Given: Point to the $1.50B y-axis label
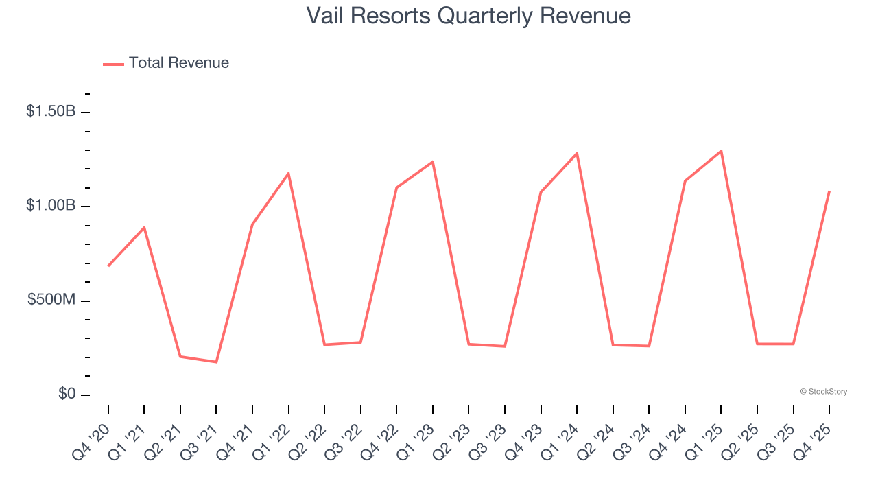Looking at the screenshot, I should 51,111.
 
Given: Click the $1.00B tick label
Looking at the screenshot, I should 51,206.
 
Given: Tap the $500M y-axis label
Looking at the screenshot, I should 51,301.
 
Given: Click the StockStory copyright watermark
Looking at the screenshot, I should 823,392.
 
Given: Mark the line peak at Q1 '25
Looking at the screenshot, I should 721,151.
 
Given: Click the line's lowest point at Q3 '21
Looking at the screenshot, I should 216,362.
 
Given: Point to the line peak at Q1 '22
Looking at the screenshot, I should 288,173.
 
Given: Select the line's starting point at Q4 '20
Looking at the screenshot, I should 108,266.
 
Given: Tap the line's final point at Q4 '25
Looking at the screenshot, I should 829,191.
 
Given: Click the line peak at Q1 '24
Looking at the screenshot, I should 577,153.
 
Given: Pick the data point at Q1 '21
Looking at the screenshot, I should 144,227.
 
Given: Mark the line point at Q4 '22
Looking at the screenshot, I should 396,187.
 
